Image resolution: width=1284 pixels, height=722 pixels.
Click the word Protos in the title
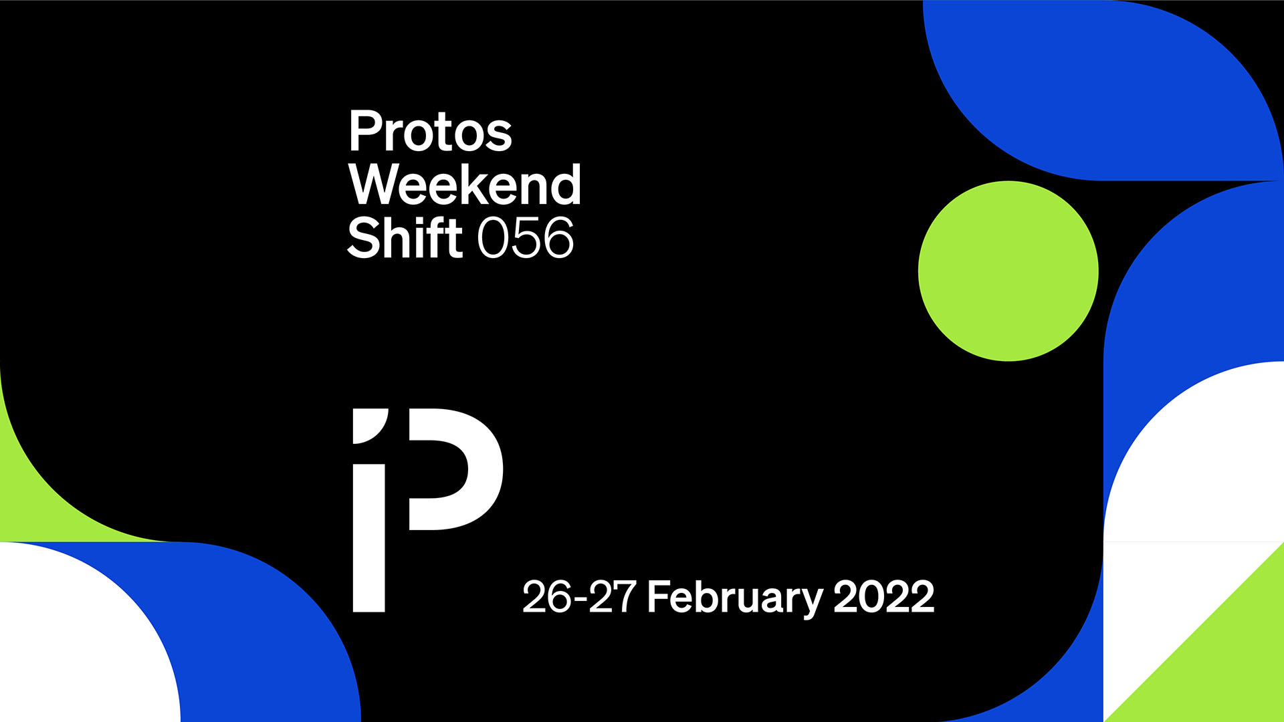point(430,131)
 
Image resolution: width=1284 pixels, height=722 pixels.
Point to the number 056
point(526,237)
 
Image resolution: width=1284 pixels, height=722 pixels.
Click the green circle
point(1008,271)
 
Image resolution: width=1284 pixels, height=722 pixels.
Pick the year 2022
point(883,596)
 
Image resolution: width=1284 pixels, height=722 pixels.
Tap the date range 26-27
point(579,596)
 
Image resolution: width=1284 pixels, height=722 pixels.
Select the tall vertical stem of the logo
point(369,538)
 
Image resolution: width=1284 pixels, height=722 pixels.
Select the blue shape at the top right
point(1103,87)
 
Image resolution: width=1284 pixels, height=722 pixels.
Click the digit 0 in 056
point(493,237)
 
